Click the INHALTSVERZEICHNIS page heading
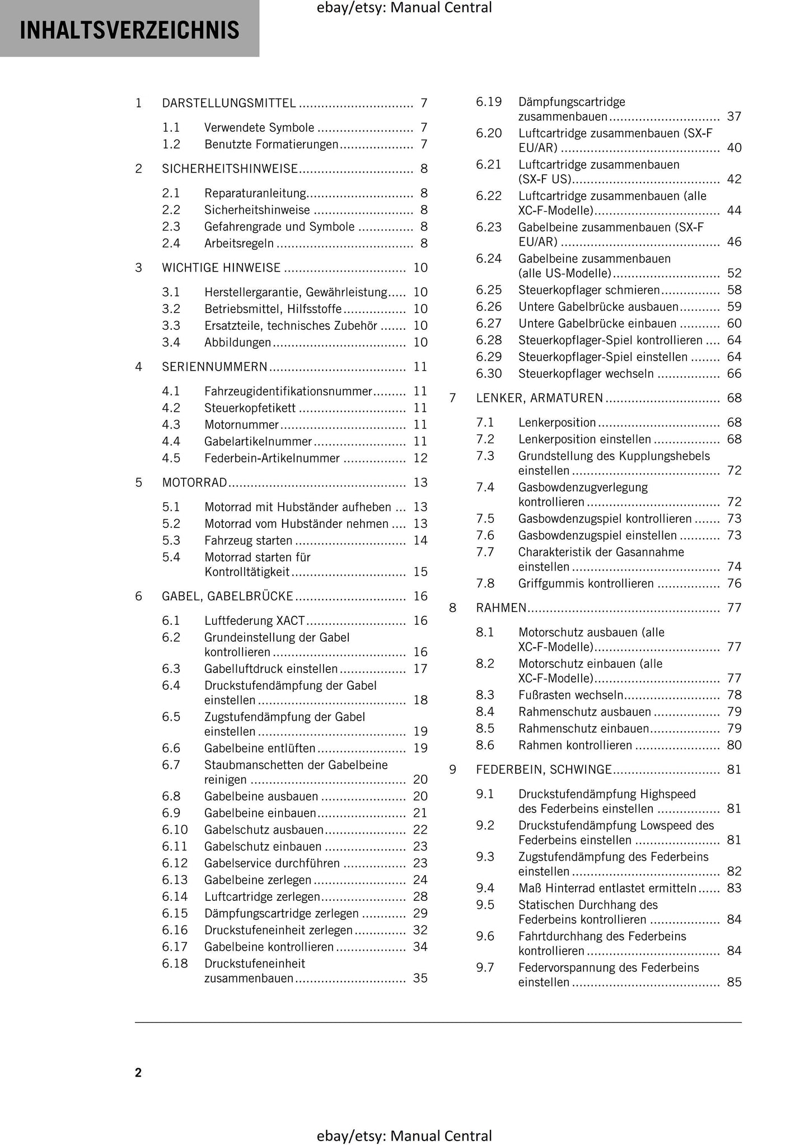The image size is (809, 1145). pyautogui.click(x=129, y=30)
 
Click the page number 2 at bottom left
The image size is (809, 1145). pyautogui.click(x=138, y=1072)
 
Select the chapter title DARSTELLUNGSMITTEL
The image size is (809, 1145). pyautogui.click(x=229, y=103)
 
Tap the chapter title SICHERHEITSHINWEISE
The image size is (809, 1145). pyautogui.click(x=230, y=169)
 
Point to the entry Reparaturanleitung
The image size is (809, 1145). pyautogui.click(x=255, y=193)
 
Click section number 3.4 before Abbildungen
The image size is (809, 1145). pyautogui.click(x=171, y=342)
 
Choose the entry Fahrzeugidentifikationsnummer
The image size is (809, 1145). pyautogui.click(x=288, y=391)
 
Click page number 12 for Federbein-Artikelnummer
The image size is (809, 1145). pyautogui.click(x=420, y=458)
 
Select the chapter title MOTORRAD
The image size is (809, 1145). pyautogui.click(x=194, y=483)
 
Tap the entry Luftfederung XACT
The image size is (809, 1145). pyautogui.click(x=255, y=620)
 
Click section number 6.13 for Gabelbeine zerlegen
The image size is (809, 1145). pyautogui.click(x=175, y=880)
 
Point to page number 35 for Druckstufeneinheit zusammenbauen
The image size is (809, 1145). pyautogui.click(x=420, y=978)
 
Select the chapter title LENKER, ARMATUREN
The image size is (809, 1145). pyautogui.click(x=539, y=398)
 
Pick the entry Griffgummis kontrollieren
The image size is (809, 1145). pyautogui.click(x=586, y=583)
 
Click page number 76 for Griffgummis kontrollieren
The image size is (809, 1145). pyautogui.click(x=734, y=583)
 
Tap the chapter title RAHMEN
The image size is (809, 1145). pyautogui.click(x=501, y=607)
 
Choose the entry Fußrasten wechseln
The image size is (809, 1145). pyautogui.click(x=570, y=695)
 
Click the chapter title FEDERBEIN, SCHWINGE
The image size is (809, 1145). pyautogui.click(x=544, y=770)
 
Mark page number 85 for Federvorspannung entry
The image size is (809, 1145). pyautogui.click(x=734, y=982)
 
